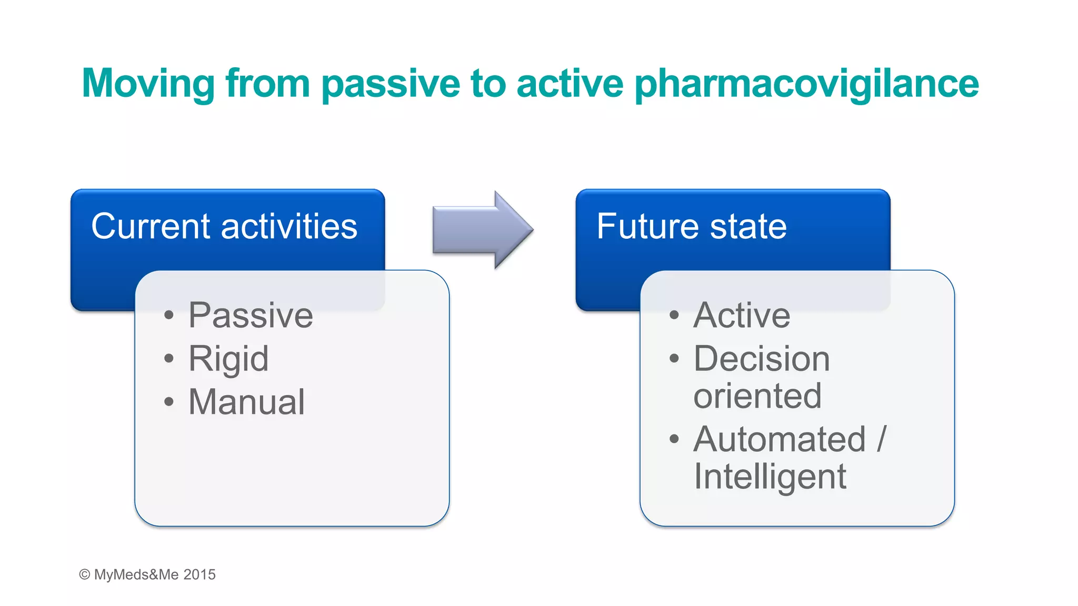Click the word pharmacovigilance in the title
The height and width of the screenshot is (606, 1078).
tap(806, 84)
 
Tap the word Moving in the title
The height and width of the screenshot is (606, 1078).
tap(148, 84)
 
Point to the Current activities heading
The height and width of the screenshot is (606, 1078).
tap(224, 227)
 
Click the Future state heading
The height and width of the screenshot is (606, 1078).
tap(691, 227)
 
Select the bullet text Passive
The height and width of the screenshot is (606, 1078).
tap(251, 315)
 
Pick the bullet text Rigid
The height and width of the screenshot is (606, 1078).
tap(228, 359)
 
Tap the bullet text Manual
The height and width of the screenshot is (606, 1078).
tap(246, 402)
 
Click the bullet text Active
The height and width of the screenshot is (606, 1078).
tap(742, 315)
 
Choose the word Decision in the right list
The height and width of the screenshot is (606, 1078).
tap(761, 359)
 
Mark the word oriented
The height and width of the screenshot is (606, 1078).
tap(757, 396)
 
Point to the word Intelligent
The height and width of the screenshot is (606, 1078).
tap(770, 477)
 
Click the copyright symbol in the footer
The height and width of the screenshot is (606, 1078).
tap(84, 574)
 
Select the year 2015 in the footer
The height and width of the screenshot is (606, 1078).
tap(199, 574)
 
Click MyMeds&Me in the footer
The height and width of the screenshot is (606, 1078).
tap(136, 574)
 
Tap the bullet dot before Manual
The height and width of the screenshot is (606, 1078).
tap(168, 402)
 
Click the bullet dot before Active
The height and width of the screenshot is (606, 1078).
tap(674, 316)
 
